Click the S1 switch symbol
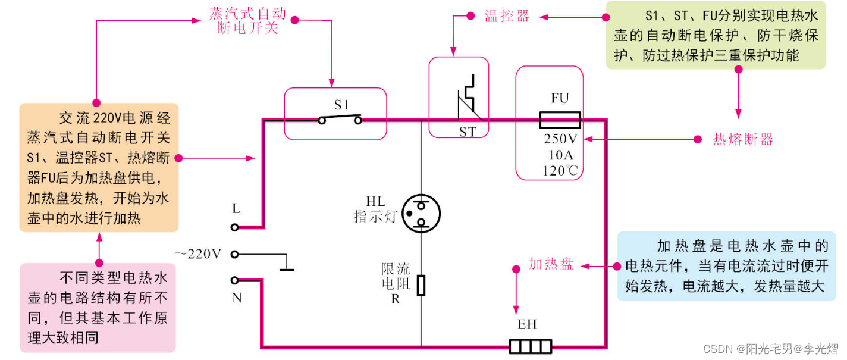pos(340,120)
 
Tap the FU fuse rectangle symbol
pos(560,120)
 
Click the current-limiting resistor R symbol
pos(421,285)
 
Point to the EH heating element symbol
pos(531,346)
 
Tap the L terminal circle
pos(235,227)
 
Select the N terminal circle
pos(235,280)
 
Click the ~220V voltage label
pos(198,254)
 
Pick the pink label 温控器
pos(507,17)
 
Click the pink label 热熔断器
pos(743,140)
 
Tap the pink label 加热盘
pos(551,264)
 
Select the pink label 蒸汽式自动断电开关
pos(247,21)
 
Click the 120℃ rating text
pos(560,171)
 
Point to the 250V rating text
pos(560,139)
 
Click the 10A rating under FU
pos(560,155)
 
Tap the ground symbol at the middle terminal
pos(287,263)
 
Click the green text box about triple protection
pos(716,35)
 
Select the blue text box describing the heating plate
pos(723,266)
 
